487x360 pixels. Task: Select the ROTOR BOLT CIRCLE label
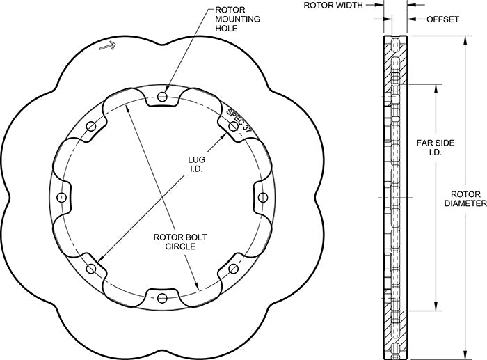175,241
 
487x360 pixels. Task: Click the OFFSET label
442,19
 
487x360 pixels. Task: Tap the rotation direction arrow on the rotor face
107,46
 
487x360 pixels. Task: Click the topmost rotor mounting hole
163,96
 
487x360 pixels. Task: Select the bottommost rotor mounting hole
163,299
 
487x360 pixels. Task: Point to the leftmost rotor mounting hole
62,198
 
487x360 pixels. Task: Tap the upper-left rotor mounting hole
91,126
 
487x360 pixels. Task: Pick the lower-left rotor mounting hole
91,269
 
